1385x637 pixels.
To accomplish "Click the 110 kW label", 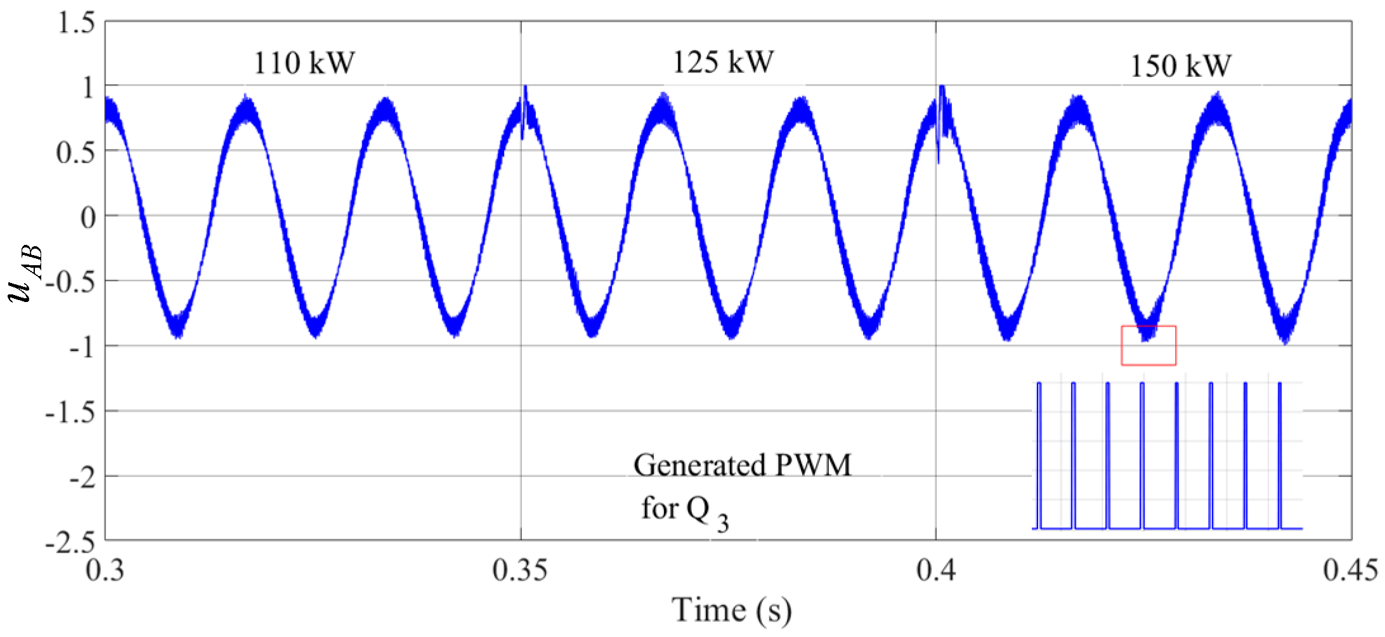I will [304, 63].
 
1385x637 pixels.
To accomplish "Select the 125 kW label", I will [723, 62].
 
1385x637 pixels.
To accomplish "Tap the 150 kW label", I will [1180, 66].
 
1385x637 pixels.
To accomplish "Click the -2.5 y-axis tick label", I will [70, 542].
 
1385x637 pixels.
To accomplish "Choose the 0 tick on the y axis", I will [88, 217].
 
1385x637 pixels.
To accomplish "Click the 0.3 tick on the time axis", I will [105, 570].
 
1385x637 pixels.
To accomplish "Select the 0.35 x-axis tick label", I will [520, 570].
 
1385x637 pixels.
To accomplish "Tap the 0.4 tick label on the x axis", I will [935, 570].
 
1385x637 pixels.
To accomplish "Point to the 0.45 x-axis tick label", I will [1349, 570].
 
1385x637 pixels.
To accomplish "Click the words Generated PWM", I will [742, 465].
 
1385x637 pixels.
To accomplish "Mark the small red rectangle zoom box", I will [1148, 346].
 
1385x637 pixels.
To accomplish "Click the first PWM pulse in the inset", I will [1039, 454].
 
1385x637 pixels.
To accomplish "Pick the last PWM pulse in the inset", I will [1280, 454].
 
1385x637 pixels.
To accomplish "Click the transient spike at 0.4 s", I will [941, 121].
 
